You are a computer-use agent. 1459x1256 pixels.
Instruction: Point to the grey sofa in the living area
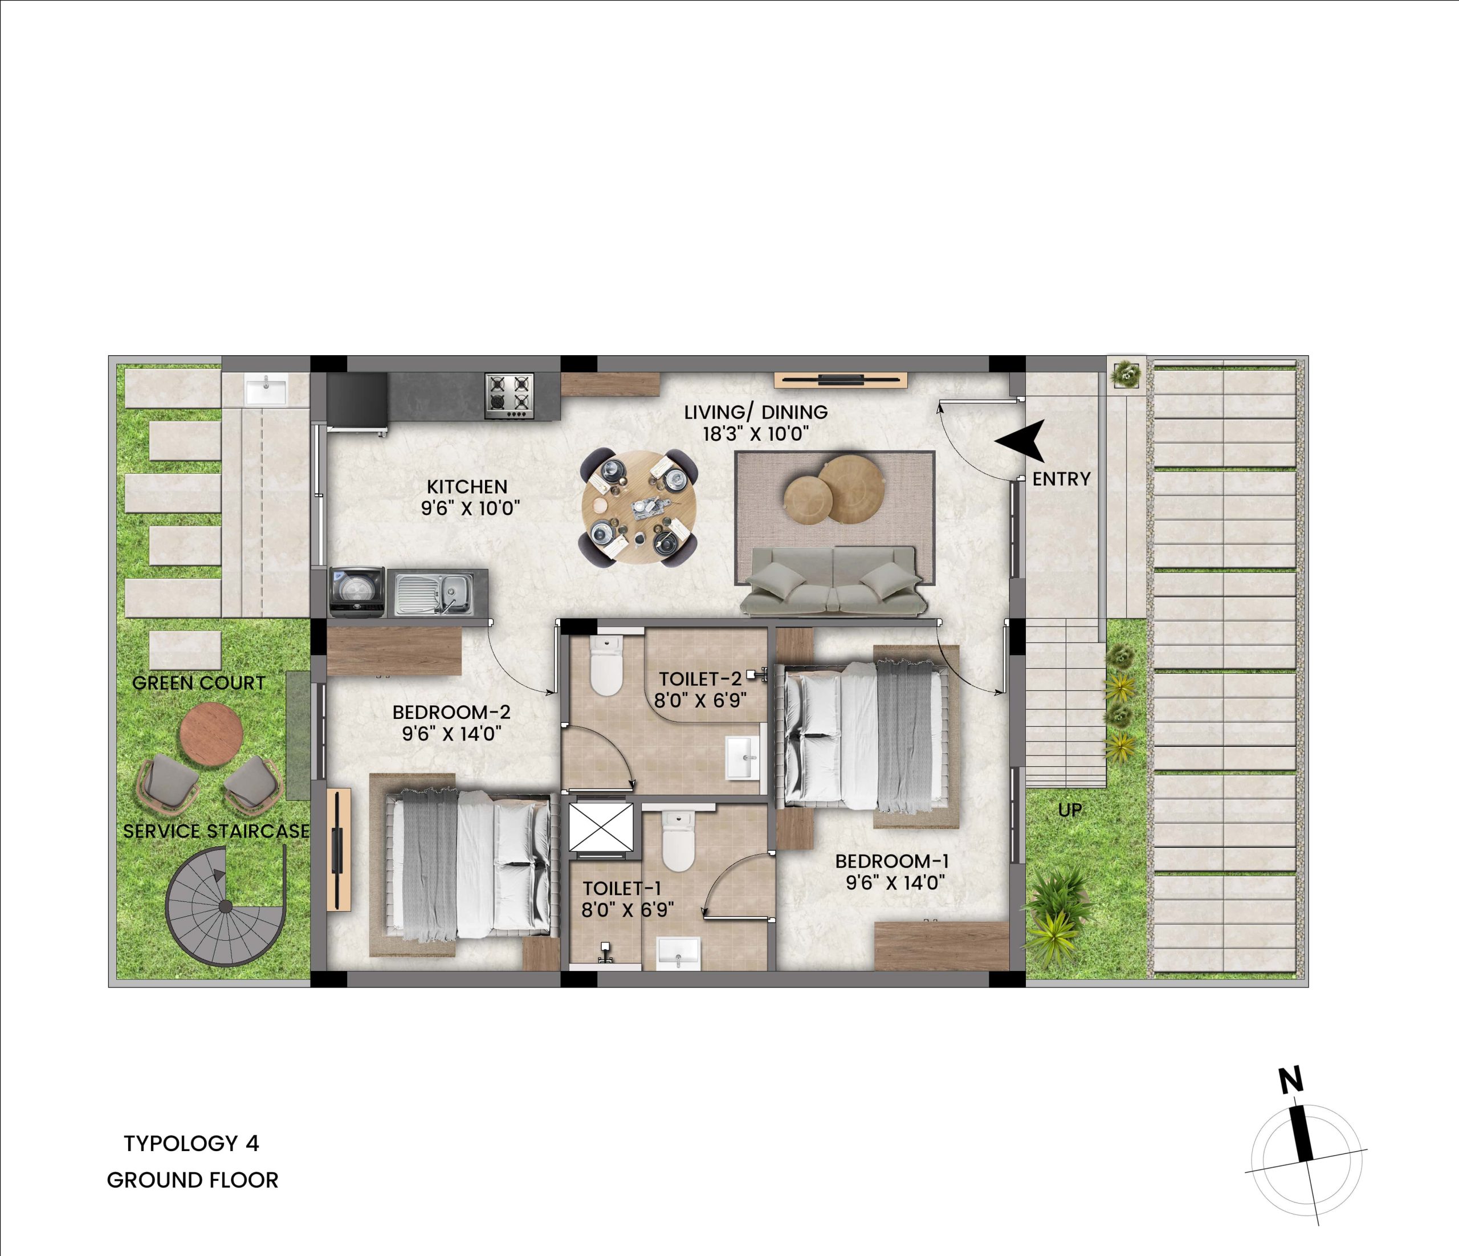coord(833,581)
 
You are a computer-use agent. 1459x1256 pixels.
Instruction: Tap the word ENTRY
coord(1061,479)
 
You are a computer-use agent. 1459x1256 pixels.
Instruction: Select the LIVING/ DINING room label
coord(756,412)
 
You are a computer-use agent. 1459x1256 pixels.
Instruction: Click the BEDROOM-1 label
coord(892,861)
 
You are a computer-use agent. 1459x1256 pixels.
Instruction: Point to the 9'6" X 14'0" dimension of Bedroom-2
coord(451,734)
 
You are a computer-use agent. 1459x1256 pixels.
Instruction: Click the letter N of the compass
coord(1291,1080)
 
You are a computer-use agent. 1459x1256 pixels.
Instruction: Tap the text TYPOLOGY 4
coord(191,1143)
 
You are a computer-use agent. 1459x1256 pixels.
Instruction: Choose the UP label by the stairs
coord(1070,810)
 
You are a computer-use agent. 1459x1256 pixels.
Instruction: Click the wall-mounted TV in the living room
coord(841,380)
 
